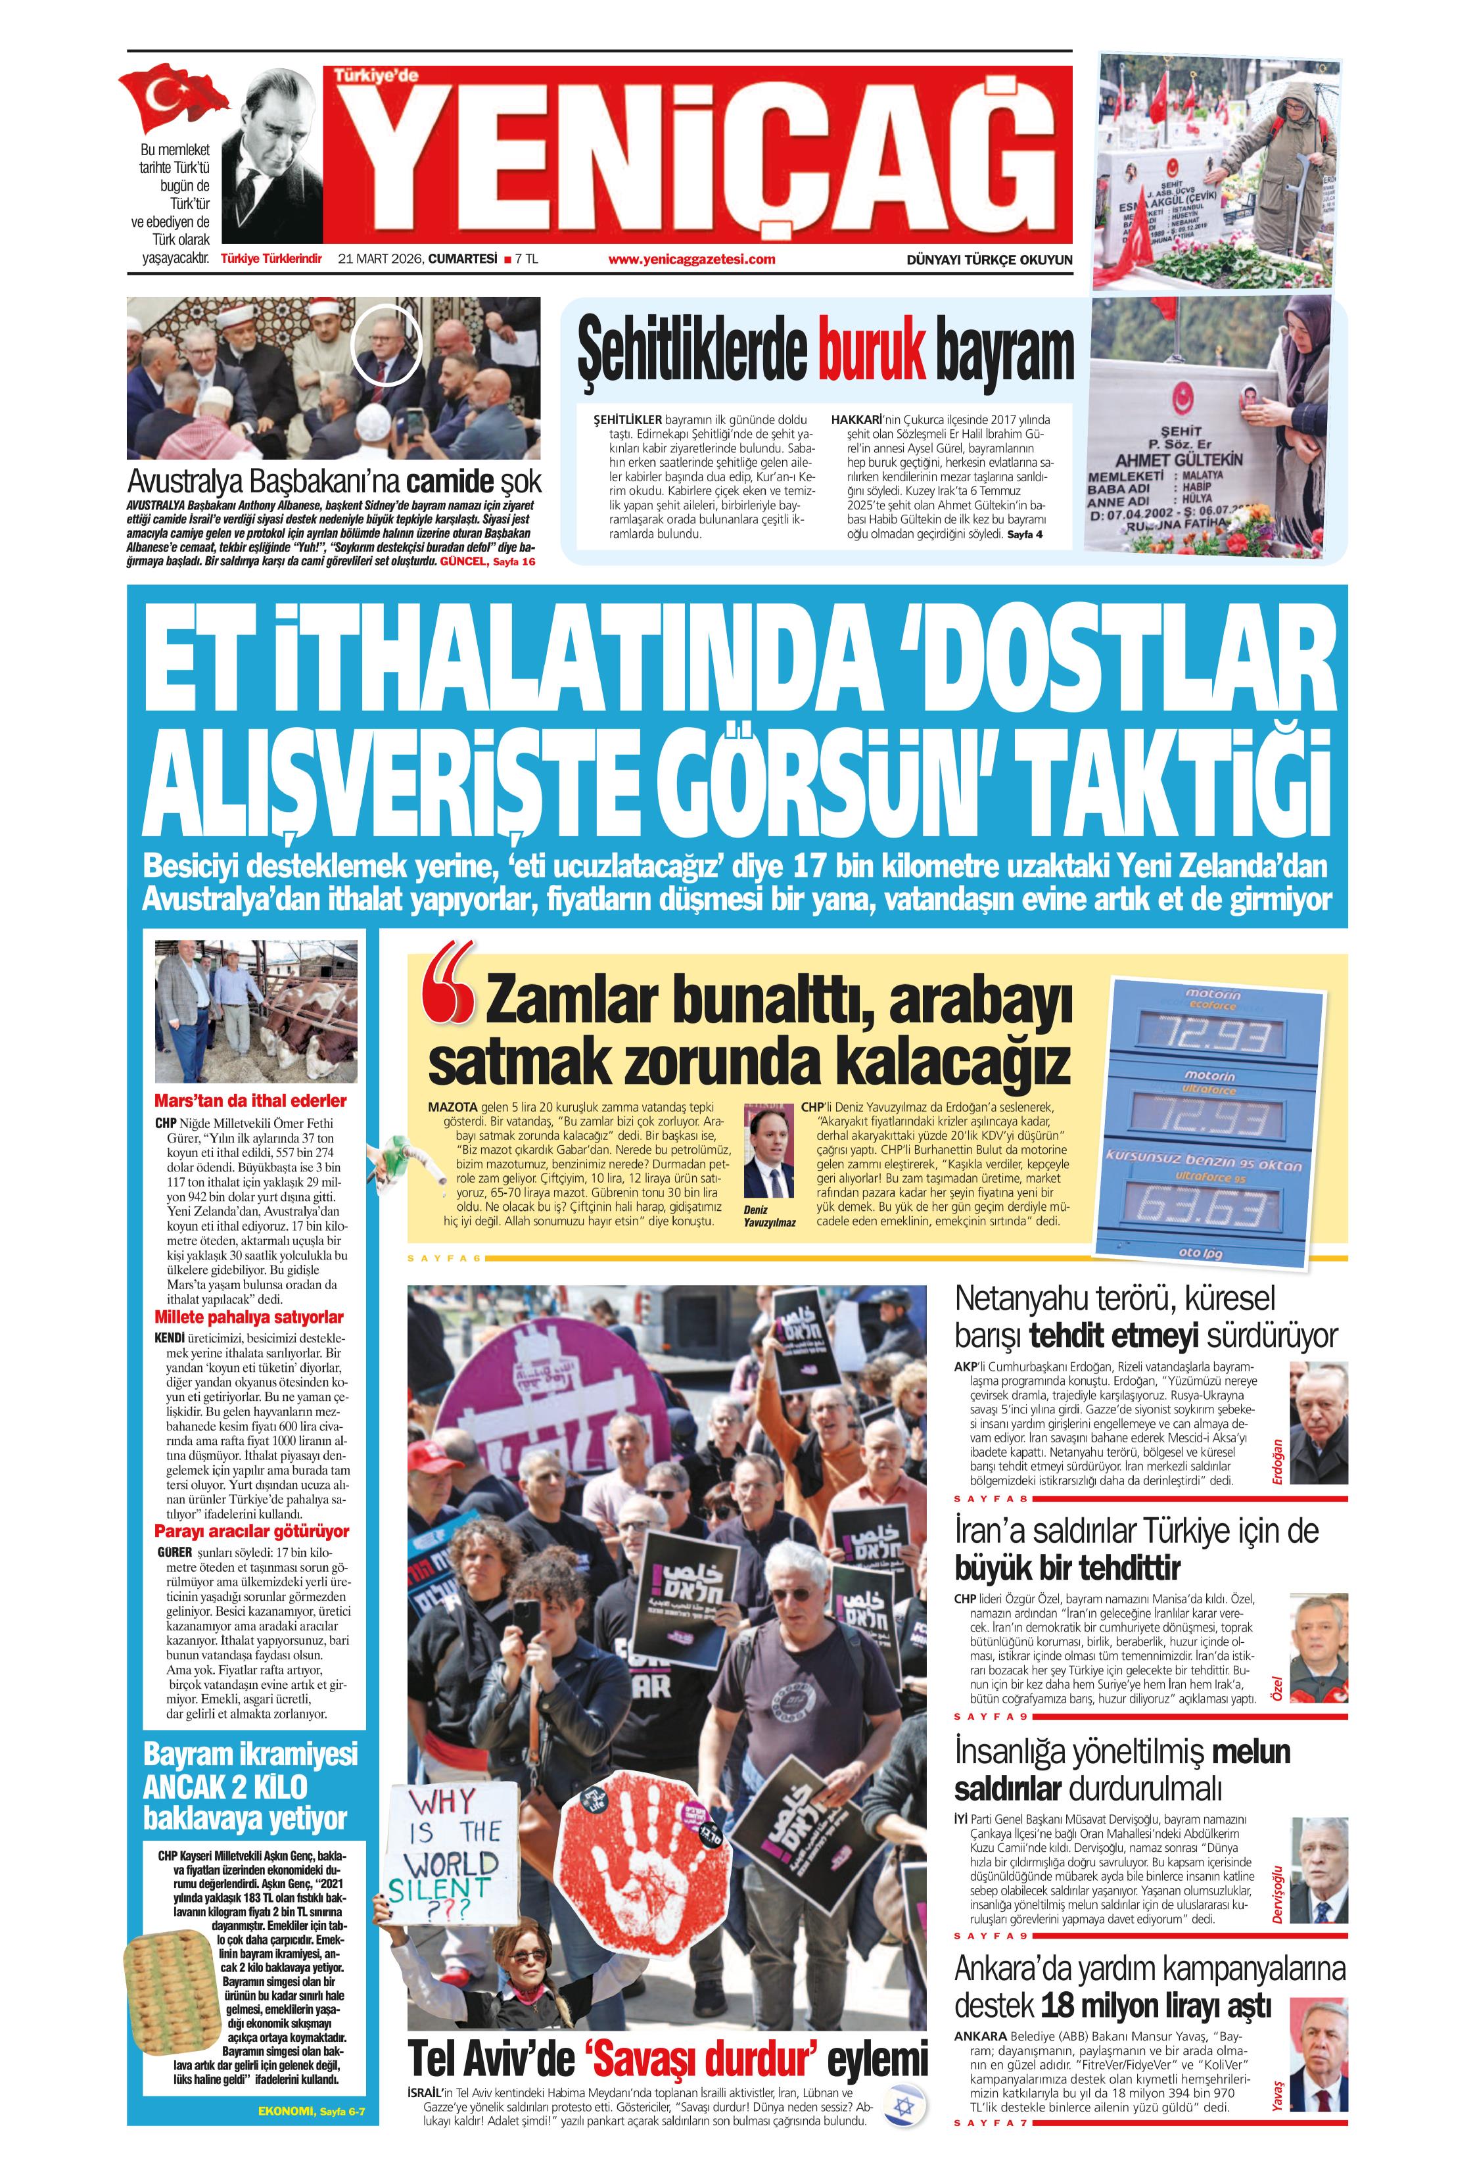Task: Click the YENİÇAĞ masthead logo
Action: point(697,155)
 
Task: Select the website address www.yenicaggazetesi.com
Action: point(691,260)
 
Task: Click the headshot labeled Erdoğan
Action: point(1318,1423)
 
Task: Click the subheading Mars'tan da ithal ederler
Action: point(250,1101)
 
